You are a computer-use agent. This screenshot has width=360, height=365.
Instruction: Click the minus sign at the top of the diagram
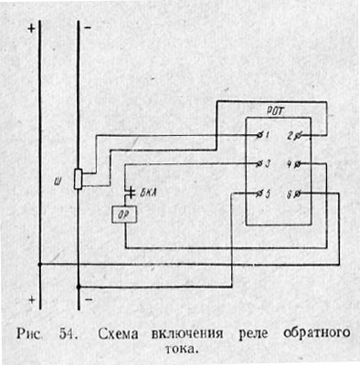88,29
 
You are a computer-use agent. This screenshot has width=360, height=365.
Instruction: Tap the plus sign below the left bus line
34,298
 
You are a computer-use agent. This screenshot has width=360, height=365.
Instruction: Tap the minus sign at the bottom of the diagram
88,298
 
